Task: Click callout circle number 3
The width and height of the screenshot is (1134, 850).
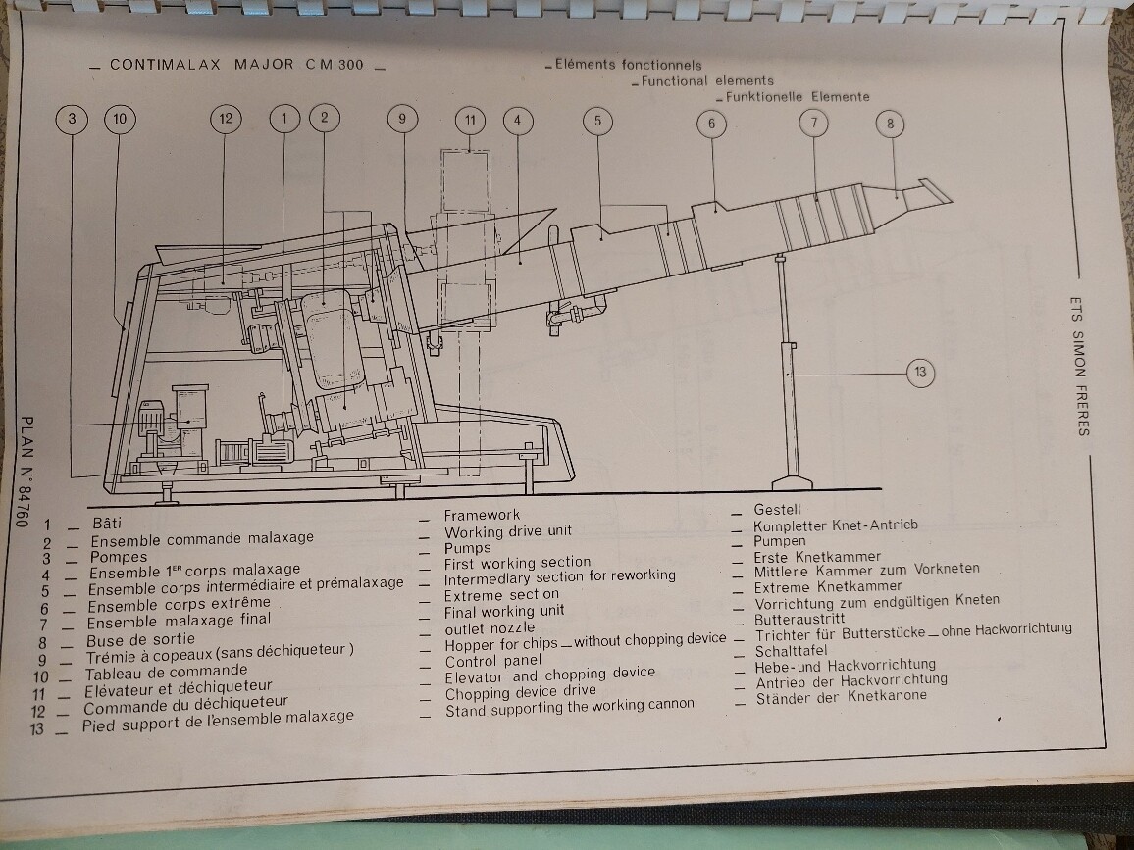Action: [72, 120]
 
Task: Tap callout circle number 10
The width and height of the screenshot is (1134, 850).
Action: [120, 120]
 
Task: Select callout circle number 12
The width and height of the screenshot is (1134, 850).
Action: [226, 120]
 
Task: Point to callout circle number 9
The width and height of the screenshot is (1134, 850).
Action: [402, 120]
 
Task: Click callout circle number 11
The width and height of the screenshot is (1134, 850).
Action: [470, 121]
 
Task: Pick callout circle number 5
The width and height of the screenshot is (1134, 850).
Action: [596, 121]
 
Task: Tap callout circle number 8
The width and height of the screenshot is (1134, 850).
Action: [890, 125]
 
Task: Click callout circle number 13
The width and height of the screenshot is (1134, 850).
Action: [919, 373]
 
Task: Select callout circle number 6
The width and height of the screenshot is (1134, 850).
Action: [712, 124]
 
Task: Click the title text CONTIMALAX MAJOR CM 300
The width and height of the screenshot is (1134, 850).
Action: [236, 65]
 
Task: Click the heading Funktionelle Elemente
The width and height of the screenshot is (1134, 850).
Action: [797, 97]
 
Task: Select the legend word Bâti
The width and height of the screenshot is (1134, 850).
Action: [107, 523]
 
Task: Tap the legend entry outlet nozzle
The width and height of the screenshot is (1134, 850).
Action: [490, 627]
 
